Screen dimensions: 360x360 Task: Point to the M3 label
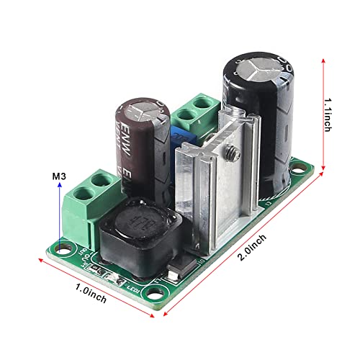pos(60,176)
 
